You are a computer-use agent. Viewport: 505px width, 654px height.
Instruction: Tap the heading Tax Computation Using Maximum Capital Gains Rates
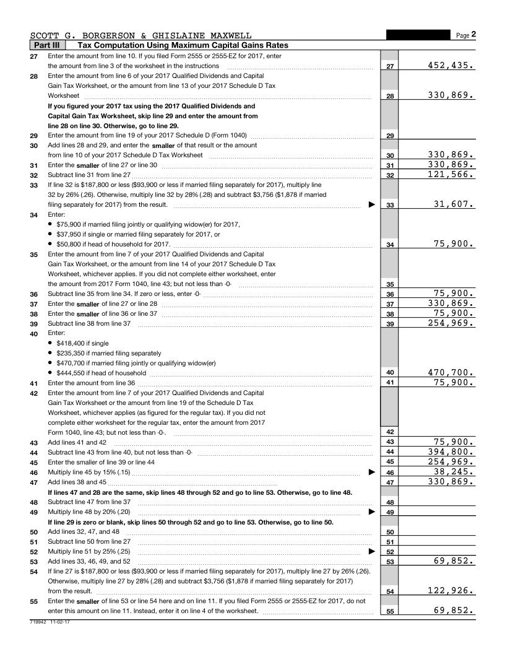click(183, 45)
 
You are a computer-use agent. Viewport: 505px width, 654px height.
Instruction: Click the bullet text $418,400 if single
click(82, 342)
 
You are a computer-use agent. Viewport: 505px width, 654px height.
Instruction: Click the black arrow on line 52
click(371, 551)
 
